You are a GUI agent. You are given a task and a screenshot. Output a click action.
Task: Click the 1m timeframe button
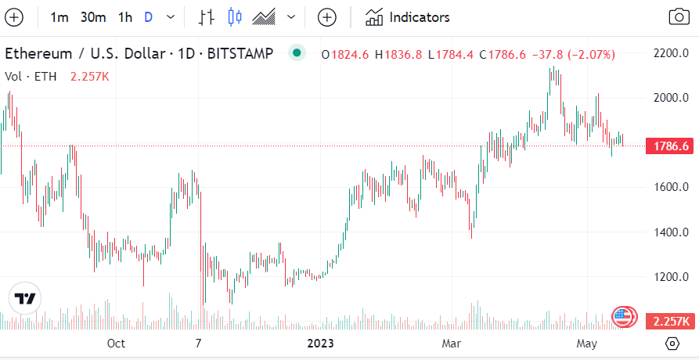pos(59,17)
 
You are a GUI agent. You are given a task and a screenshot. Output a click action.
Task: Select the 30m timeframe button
pos(93,17)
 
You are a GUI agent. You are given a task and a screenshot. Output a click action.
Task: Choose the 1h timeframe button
pos(125,17)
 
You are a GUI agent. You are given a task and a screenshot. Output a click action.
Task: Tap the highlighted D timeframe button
pos(149,17)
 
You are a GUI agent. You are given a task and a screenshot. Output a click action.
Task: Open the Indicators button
pos(408,17)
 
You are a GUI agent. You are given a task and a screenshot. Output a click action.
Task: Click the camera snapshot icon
pos(678,17)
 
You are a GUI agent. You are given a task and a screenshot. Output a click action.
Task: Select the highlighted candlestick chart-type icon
pos(235,17)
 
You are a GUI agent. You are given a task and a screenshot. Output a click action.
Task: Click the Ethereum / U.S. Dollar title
pos(86,54)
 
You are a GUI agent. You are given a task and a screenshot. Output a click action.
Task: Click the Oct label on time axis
pos(116,344)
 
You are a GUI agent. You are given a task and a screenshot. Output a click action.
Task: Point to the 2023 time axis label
pos(320,344)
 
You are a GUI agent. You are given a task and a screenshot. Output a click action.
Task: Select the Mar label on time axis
pos(451,344)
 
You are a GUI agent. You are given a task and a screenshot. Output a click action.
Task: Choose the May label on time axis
pos(586,344)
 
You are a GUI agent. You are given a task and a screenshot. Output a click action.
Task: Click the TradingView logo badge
pos(26,299)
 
